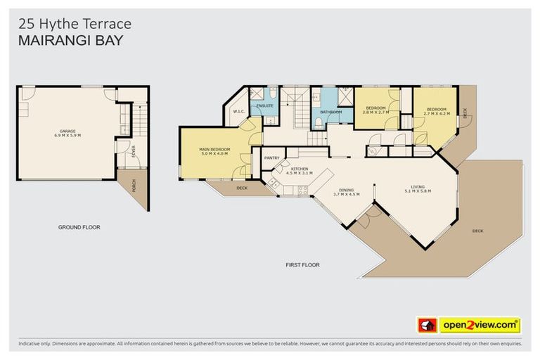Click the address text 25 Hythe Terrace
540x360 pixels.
[74, 24]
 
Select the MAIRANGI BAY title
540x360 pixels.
[70, 41]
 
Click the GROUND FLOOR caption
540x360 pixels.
[79, 227]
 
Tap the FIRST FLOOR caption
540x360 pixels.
[302, 265]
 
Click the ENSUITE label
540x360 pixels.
[264, 105]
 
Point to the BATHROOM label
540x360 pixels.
[330, 112]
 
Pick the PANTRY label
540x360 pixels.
[272, 157]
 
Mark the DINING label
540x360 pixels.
[346, 189]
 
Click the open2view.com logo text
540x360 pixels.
[480, 326]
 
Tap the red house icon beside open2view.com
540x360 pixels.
[427, 326]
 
